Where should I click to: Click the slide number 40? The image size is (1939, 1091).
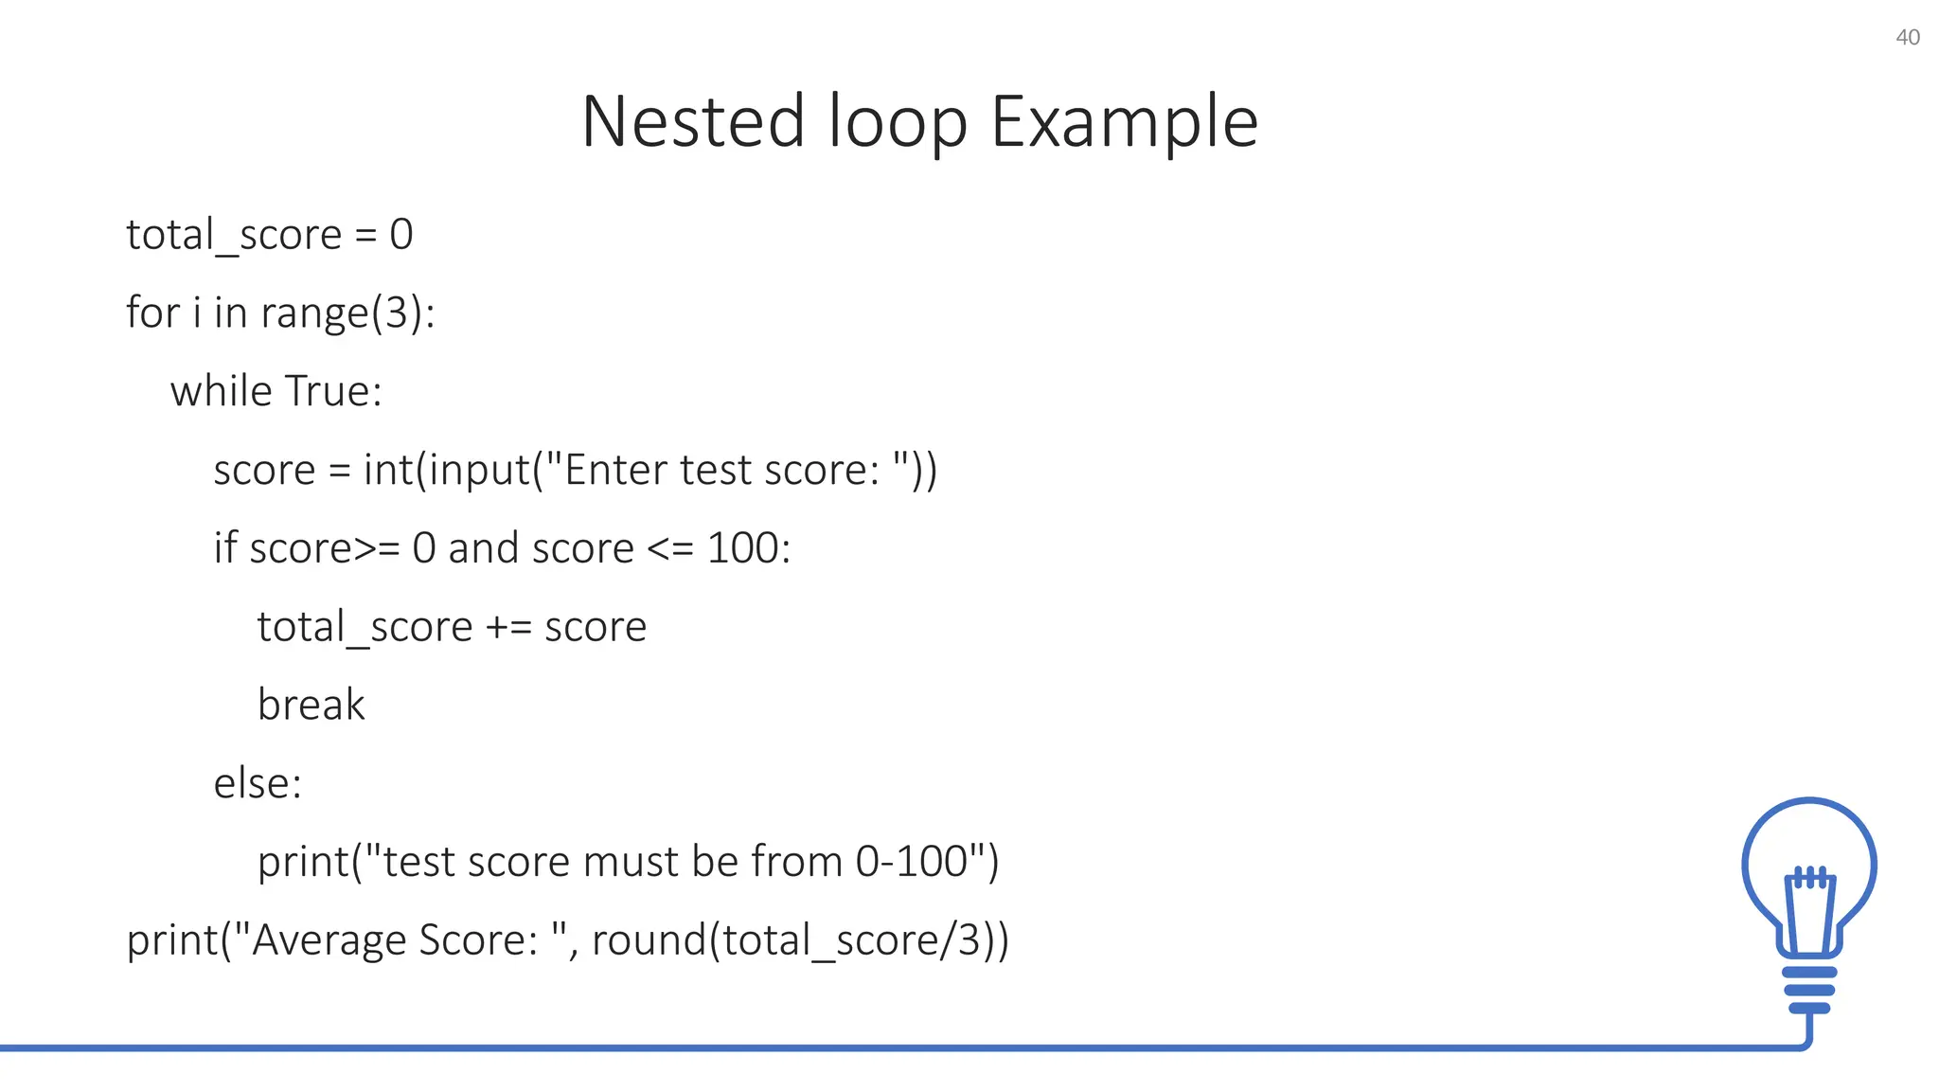pyautogui.click(x=1907, y=38)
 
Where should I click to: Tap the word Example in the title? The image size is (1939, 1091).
pyautogui.click(x=1124, y=122)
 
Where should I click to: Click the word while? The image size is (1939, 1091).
pyautogui.click(x=222, y=390)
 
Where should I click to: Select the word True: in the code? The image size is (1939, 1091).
pyautogui.click(x=333, y=390)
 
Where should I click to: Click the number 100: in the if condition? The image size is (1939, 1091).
pyautogui.click(x=748, y=548)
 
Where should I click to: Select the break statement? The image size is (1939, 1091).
pyautogui.click(x=311, y=705)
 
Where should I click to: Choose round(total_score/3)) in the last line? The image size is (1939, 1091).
pyautogui.click(x=800, y=940)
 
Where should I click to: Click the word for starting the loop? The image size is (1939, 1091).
pyautogui.click(x=152, y=313)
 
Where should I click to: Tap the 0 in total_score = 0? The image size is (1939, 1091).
pyautogui.click(x=401, y=234)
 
